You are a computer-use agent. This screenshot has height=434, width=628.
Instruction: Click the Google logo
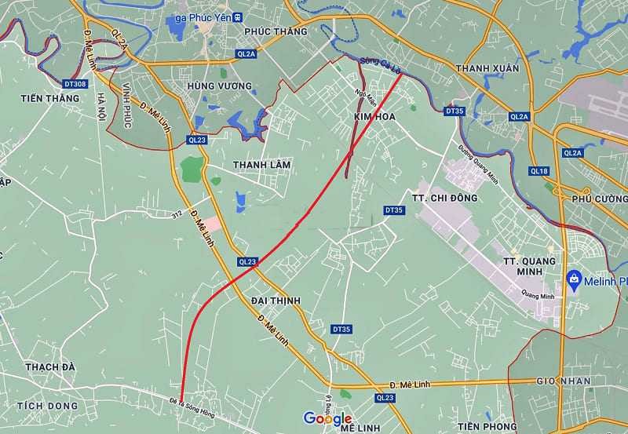(328, 418)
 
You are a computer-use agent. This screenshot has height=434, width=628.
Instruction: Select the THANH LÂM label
(261, 165)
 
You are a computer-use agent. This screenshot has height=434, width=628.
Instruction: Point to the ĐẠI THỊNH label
(276, 301)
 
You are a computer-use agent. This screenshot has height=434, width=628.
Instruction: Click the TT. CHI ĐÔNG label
(444, 198)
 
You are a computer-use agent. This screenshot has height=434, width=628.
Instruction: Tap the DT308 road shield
(75, 82)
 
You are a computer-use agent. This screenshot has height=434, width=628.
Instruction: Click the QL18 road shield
(539, 170)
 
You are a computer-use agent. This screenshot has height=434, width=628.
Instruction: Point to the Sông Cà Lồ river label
(382, 66)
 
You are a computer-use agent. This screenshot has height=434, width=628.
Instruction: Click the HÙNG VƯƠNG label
(220, 85)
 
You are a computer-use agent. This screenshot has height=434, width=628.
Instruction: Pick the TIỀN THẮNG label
(51, 98)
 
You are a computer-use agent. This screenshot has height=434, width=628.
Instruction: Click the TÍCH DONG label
(52, 406)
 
